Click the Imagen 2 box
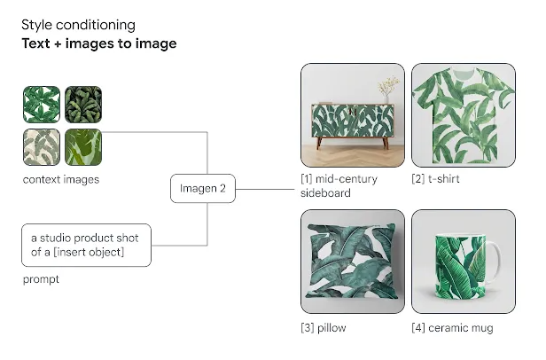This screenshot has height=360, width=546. tap(203, 189)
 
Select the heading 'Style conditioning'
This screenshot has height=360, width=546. tap(78, 25)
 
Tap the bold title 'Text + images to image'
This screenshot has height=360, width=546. tap(99, 43)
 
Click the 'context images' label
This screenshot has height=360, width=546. tap(61, 179)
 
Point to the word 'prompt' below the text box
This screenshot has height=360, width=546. tap(41, 279)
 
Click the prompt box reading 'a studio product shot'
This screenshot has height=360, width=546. tap(86, 246)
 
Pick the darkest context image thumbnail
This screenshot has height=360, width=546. tap(83, 105)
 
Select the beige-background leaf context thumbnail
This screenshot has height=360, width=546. tap(42, 147)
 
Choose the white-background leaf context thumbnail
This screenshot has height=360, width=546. tap(42, 105)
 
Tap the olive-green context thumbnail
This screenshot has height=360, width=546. tap(83, 147)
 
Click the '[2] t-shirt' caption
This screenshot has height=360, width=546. tap(435, 179)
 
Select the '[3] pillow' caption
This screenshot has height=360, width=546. tap(324, 328)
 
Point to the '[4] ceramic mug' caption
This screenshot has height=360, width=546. tap(452, 328)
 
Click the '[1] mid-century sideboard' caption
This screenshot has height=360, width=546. tap(339, 186)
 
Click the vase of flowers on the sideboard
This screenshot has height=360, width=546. tap(386, 90)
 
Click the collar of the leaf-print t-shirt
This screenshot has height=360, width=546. tap(464, 73)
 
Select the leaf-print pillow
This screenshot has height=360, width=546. tap(353, 262)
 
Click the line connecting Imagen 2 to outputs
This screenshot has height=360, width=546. tap(265, 190)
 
